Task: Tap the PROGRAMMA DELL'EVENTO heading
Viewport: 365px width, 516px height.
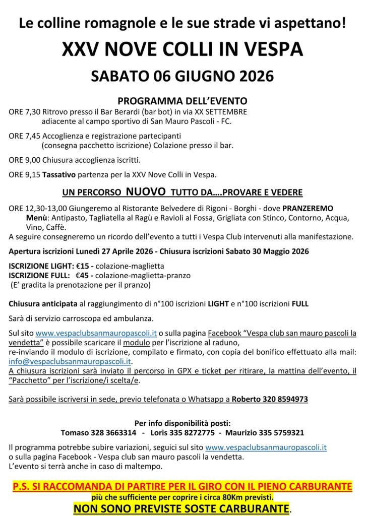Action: coord(182,100)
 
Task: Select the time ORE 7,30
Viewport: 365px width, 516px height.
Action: coord(25,112)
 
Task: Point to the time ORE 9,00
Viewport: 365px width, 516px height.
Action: coord(25,160)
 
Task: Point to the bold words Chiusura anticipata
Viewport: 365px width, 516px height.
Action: coord(43,304)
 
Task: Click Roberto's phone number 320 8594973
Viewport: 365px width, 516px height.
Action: coord(284,400)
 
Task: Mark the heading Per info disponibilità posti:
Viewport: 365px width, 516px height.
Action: coord(182,423)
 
